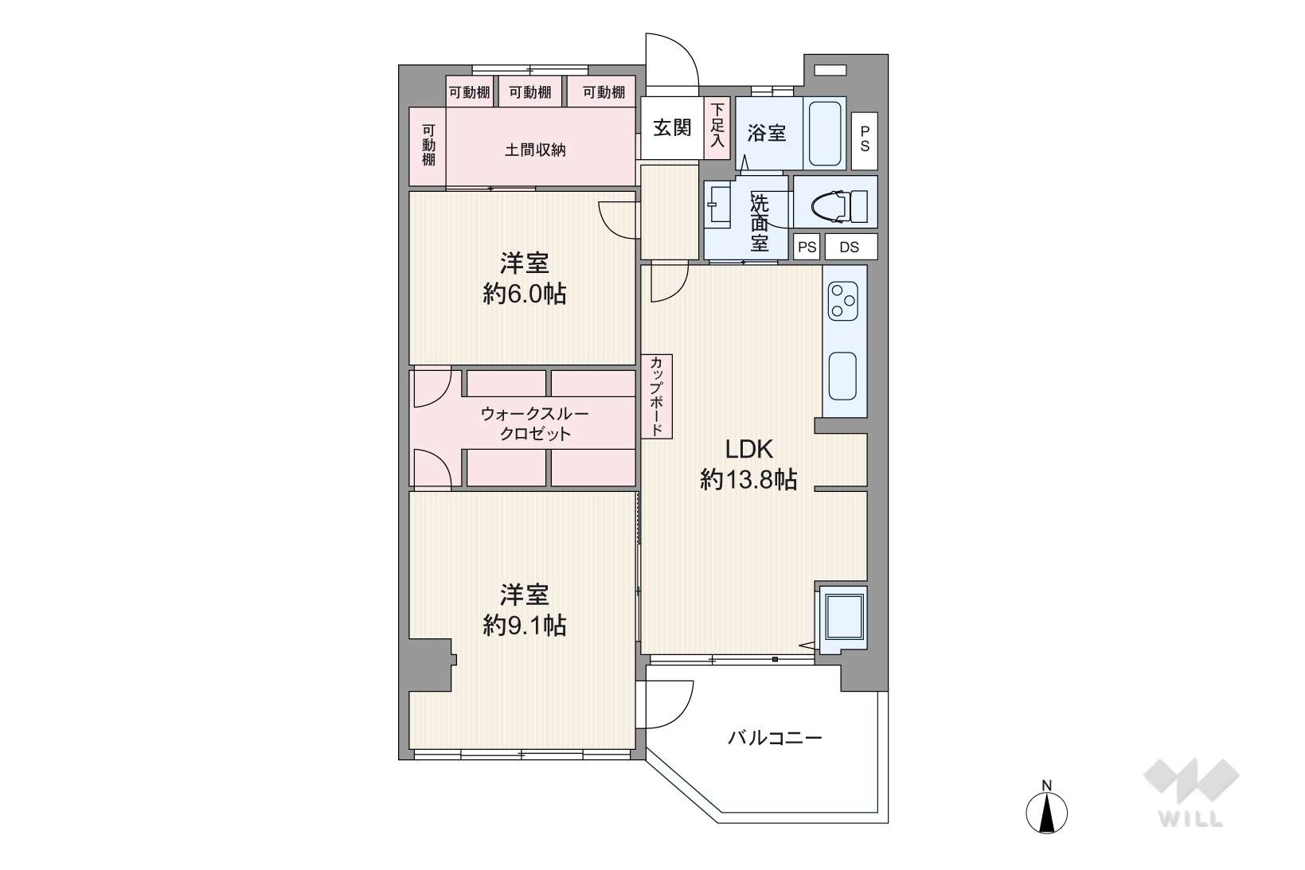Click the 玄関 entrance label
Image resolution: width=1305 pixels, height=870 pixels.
(672, 127)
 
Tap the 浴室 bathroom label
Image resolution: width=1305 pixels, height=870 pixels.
(766, 134)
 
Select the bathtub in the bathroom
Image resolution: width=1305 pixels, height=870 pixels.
(824, 134)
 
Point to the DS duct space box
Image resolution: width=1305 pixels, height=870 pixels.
(851, 246)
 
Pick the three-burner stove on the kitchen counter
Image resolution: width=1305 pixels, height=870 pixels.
(843, 301)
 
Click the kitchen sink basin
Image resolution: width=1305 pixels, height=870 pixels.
(842, 376)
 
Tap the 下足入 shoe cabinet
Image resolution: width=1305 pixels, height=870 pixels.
(717, 128)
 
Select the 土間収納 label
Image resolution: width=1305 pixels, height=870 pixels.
(535, 150)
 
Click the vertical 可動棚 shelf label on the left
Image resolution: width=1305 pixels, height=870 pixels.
(428, 145)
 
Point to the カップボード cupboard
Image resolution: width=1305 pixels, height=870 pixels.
(657, 396)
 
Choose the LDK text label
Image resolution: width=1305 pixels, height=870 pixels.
(748, 449)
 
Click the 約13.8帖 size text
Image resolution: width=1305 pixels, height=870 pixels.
(748, 480)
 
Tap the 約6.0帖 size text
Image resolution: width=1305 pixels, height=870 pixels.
(525, 294)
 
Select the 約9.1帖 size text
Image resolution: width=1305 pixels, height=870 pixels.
(525, 626)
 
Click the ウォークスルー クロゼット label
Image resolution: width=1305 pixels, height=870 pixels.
(535, 424)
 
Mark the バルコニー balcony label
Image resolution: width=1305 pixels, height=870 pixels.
(775, 739)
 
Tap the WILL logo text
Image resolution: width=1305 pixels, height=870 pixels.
(1191, 819)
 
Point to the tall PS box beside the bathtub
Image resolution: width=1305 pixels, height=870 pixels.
(865, 141)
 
